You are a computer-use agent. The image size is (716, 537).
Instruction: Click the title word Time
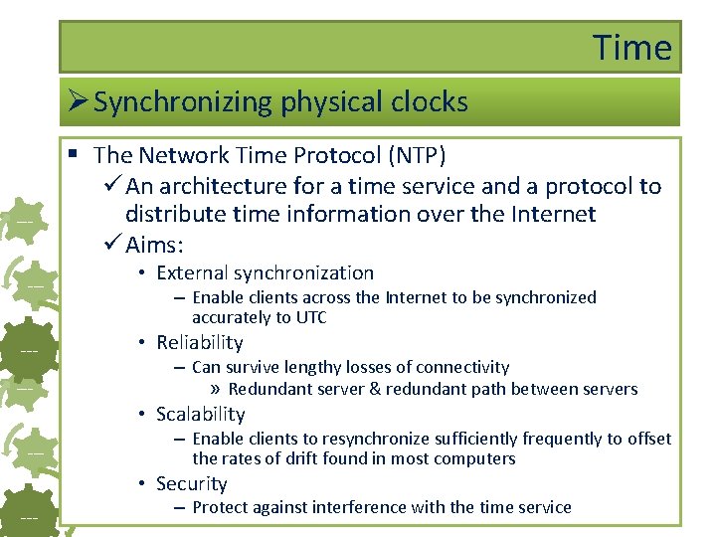(632, 47)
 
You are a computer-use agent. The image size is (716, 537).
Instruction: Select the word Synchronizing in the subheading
(182, 102)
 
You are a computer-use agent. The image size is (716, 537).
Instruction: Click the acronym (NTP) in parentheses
(417, 156)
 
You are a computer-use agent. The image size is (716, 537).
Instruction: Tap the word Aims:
(156, 244)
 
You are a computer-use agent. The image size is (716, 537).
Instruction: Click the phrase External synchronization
(265, 272)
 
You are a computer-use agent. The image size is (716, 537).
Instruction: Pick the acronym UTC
(308, 318)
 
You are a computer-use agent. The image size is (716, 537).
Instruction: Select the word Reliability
(199, 342)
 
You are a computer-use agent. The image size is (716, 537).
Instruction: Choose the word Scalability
(200, 414)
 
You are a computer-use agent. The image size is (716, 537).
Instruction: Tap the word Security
(191, 483)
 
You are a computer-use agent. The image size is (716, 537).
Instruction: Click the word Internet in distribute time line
(548, 214)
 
